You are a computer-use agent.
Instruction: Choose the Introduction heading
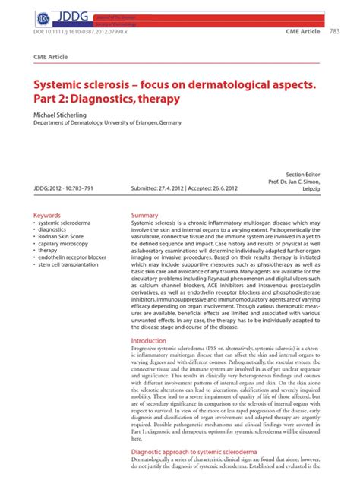click(149, 342)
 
